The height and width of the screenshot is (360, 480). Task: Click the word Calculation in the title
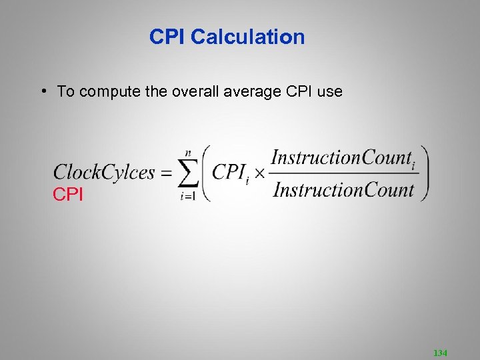tap(247, 37)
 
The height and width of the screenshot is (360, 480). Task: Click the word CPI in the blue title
tap(167, 37)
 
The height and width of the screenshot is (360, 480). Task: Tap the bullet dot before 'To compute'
tap(42, 90)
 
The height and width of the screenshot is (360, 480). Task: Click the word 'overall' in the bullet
tap(195, 91)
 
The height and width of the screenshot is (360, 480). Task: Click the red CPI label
tap(68, 195)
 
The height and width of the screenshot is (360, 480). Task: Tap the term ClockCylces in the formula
tap(104, 172)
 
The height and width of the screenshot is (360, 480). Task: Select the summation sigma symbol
tap(188, 173)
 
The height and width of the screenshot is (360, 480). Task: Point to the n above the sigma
tap(189, 153)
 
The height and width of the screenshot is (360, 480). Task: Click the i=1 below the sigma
tap(188, 196)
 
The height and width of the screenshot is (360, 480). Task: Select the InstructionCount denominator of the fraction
tap(344, 189)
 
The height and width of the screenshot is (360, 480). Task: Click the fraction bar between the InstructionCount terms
tap(344, 174)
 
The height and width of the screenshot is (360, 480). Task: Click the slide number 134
tap(440, 351)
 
